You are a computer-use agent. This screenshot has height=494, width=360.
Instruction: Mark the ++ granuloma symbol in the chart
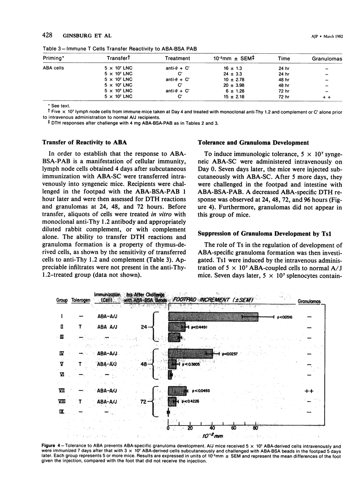(315, 390)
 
